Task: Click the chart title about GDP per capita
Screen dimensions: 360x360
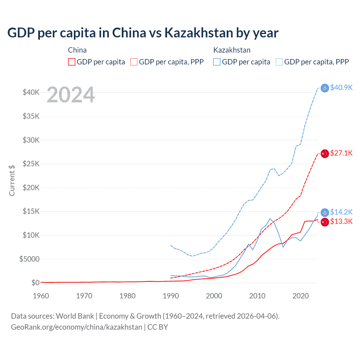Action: click(143, 33)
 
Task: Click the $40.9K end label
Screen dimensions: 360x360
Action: click(341, 87)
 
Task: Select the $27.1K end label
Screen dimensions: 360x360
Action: click(341, 153)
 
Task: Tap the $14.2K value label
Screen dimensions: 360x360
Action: click(341, 212)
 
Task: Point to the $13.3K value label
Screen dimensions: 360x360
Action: click(341, 221)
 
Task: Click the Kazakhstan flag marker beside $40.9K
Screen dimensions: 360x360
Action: click(325, 88)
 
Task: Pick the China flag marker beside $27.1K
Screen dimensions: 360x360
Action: click(325, 154)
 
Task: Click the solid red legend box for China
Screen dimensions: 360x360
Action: click(72, 62)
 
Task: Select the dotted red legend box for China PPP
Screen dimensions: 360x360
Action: click(134, 62)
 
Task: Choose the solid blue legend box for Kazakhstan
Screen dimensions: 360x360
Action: click(217, 62)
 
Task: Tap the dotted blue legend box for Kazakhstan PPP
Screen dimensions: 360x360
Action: click(279, 62)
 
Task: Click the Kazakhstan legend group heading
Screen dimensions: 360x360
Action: click(232, 50)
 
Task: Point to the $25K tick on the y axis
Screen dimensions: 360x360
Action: click(31, 164)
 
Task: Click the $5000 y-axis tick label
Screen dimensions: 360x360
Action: click(30, 259)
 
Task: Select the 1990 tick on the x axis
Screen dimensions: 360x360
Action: click(171, 296)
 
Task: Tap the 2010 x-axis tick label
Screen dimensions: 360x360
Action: click(257, 296)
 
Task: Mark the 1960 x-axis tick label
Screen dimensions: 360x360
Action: click(41, 296)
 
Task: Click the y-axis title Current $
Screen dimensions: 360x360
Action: click(12, 180)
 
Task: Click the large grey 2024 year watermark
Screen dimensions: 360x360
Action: click(71, 95)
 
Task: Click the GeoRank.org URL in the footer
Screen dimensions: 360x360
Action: click(76, 327)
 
